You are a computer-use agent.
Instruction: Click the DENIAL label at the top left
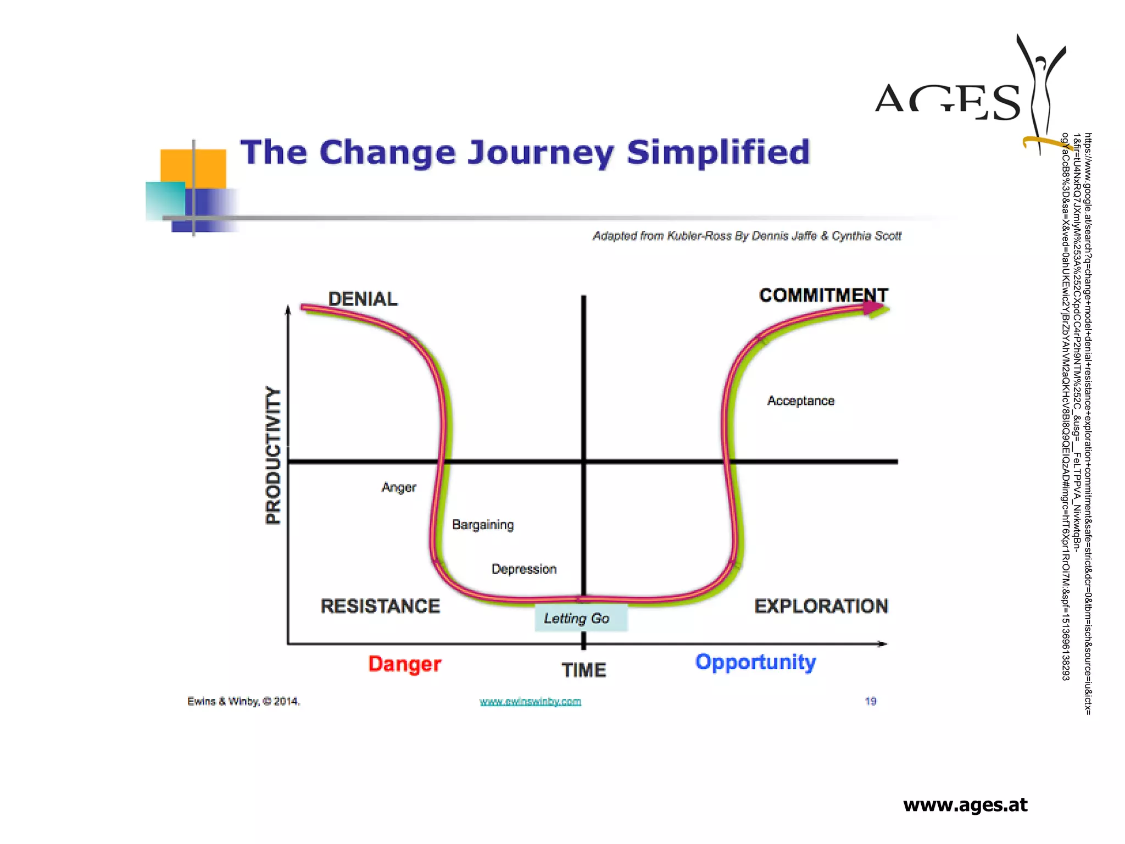[x=363, y=299]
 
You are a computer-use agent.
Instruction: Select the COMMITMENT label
[x=823, y=295]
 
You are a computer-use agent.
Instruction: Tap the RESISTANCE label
[x=380, y=606]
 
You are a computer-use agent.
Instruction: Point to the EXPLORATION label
[x=821, y=606]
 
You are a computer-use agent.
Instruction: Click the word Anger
[x=399, y=487]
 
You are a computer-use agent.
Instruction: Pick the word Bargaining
[x=483, y=525]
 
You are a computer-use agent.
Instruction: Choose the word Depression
[x=523, y=569]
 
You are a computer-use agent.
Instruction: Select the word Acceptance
[x=800, y=401]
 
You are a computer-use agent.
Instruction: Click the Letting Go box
[x=581, y=619]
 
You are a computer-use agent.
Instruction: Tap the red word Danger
[x=404, y=664]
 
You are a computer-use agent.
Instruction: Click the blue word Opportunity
[x=755, y=662]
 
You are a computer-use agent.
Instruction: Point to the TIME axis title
[x=583, y=670]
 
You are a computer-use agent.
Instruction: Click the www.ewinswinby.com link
[x=530, y=702]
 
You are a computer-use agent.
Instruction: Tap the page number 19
[x=870, y=701]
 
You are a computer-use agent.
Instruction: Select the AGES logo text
[x=948, y=102]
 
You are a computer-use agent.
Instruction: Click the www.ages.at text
[x=965, y=804]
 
